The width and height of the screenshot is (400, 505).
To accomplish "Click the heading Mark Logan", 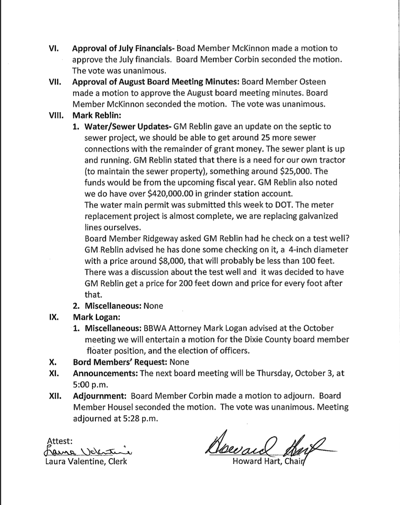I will (x=96, y=317).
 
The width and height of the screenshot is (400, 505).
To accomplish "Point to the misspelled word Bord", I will (x=81, y=362).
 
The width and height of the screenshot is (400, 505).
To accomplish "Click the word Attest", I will (x=60, y=441).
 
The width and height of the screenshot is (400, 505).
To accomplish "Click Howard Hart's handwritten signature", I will (x=266, y=445).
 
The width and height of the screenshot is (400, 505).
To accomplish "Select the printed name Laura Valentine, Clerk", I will (x=86, y=461).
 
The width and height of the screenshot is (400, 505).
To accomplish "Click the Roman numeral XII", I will (x=55, y=396).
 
